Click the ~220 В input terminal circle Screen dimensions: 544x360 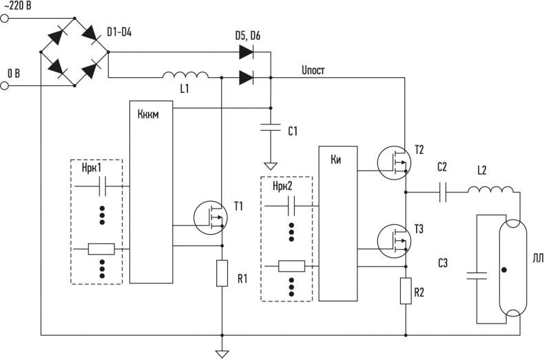[x=4, y=19]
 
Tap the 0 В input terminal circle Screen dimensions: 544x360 [x=4, y=85]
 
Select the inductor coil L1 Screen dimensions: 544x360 [x=186, y=74]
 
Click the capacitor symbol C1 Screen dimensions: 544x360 [x=271, y=127]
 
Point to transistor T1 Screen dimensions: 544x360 [x=210, y=218]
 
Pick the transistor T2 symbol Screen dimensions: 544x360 [x=394, y=162]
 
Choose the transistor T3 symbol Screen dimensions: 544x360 [x=394, y=241]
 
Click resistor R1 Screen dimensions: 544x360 [x=222, y=273]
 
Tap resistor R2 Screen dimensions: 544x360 [x=406, y=291]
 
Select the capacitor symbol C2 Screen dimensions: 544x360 [x=443, y=192]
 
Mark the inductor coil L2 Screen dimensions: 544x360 [x=490, y=189]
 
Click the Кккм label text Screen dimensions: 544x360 [x=148, y=114]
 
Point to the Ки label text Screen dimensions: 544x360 [x=336, y=160]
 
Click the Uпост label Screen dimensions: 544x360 [x=313, y=70]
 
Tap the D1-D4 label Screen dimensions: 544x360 [x=119, y=33]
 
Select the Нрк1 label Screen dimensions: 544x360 [x=92, y=168]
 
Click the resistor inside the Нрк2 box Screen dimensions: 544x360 [x=291, y=266]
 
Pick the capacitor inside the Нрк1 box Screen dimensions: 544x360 [x=103, y=187]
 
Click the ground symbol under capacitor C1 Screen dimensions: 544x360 [x=271, y=167]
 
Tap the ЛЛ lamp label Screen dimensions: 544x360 [x=538, y=258]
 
